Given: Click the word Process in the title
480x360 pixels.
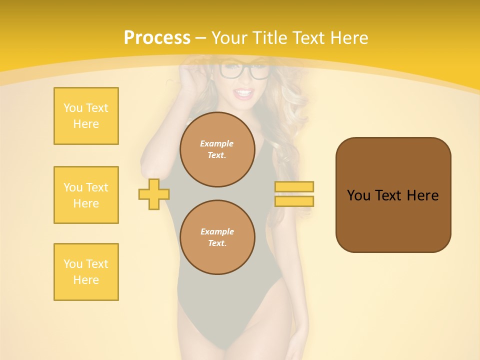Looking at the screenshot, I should [x=157, y=38].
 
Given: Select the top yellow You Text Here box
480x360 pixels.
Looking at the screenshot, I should [x=86, y=116].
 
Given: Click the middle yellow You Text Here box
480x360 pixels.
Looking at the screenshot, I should [x=86, y=195].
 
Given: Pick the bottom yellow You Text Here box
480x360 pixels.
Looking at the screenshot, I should [x=86, y=272].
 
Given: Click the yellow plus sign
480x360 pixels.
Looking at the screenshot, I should [x=154, y=194].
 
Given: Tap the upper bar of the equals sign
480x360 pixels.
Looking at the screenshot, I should [x=294, y=186].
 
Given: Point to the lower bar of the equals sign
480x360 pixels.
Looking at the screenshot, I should [x=294, y=201].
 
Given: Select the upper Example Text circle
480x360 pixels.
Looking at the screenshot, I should [x=217, y=149].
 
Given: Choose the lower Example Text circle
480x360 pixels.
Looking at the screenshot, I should [x=217, y=237].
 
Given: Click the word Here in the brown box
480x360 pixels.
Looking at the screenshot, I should [x=422, y=195].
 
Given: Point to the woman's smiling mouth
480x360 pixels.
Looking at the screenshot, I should [x=244, y=93].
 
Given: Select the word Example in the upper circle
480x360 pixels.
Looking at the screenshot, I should [x=217, y=143].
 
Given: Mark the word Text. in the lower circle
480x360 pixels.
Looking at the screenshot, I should [x=217, y=243].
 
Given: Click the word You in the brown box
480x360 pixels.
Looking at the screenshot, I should [x=358, y=195].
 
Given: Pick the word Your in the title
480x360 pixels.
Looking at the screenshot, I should [x=229, y=38].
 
